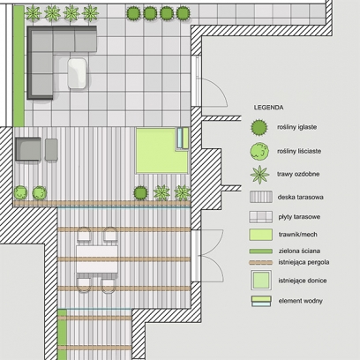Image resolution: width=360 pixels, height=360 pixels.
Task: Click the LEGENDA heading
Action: (268, 108)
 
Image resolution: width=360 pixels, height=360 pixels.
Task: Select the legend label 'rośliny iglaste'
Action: (296, 127)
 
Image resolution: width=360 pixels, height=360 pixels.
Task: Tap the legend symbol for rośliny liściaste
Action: (259, 151)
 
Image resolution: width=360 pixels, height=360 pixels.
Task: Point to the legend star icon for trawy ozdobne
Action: (259, 175)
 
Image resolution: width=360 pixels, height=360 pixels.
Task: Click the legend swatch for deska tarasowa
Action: (261, 197)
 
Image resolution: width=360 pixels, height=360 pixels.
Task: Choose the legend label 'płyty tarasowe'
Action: (299, 217)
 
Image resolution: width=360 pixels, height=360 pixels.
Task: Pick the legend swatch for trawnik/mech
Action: (261, 235)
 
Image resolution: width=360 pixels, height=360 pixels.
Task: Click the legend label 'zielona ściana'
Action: (299, 251)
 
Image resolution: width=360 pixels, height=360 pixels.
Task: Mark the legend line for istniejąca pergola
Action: (261, 262)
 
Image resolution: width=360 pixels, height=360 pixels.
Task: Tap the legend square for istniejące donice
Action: (261, 280)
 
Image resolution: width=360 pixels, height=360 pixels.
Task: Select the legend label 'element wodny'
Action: (300, 301)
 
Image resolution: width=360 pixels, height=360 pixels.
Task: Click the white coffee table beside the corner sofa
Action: (78, 73)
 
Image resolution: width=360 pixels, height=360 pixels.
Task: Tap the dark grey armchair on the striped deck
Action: (28, 149)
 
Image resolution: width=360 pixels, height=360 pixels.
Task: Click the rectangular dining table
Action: (97, 259)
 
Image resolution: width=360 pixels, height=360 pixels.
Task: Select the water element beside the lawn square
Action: (183, 138)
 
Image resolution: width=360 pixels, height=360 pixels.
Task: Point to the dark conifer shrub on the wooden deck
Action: (140, 193)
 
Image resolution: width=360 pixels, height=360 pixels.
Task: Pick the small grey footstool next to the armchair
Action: (51, 150)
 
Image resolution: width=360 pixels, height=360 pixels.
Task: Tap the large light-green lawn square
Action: (161, 151)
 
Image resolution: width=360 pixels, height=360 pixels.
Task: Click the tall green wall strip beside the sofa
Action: (19, 66)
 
